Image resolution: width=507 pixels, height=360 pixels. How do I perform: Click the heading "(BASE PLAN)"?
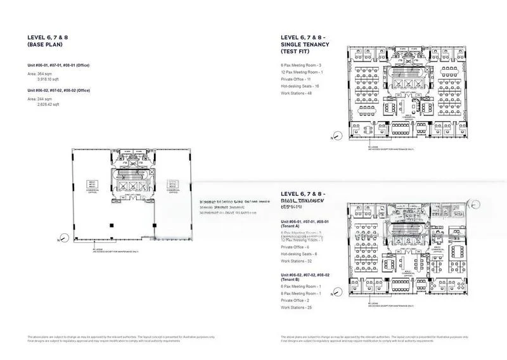(42, 46)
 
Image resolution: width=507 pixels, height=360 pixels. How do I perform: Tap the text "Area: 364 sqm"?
(41, 74)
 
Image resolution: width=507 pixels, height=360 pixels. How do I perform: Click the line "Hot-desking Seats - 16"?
(300, 86)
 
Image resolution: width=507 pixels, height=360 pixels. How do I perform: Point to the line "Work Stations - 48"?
(297, 93)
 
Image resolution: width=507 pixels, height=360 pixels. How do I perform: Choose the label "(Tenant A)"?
(293, 226)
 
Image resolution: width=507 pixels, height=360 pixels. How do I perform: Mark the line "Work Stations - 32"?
(297, 260)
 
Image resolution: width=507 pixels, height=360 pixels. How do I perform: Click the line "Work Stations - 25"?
(297, 307)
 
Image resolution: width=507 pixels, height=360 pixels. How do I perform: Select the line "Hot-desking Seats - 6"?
(298, 254)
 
